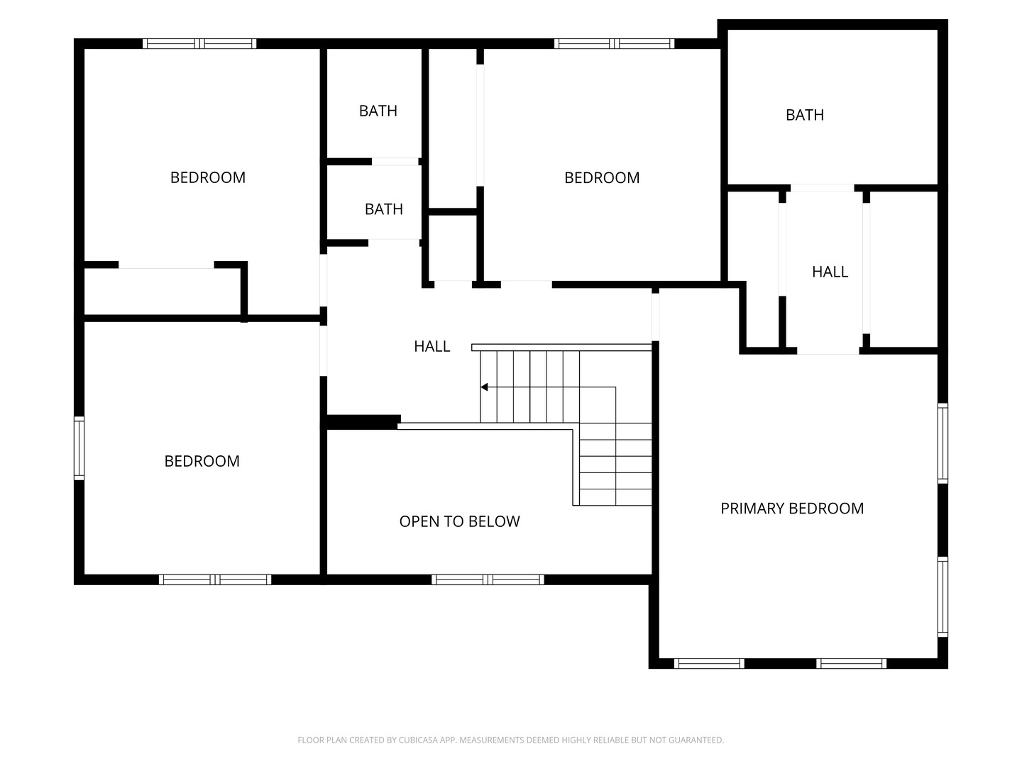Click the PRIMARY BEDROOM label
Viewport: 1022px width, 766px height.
792,509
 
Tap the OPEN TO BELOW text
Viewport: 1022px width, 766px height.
459,522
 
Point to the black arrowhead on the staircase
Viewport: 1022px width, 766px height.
485,387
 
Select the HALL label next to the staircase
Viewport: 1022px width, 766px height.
432,346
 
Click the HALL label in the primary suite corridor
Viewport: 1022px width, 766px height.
830,272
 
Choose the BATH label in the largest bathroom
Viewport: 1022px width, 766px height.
804,115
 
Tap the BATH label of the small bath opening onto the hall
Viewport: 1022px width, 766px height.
383,209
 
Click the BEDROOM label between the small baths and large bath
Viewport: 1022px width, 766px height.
601,178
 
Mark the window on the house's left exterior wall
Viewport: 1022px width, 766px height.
79,448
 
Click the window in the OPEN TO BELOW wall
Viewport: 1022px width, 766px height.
488,579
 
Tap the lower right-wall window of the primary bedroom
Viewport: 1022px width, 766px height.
943,596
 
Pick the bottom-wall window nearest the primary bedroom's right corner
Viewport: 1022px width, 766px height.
851,664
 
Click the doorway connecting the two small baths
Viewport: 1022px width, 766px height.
395,162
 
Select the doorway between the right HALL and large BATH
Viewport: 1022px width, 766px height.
822,188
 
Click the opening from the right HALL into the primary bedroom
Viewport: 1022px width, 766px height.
828,350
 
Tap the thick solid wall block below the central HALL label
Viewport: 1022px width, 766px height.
362,422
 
